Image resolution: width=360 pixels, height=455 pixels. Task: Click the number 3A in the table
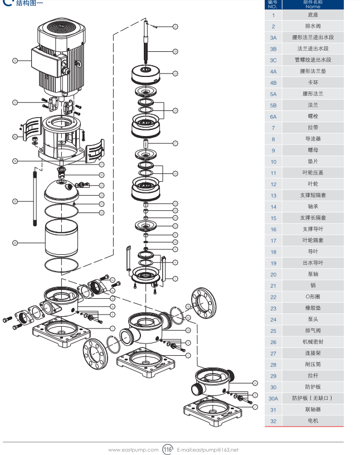[x=273, y=37]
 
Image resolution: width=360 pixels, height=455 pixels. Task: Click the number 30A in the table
[x=273, y=398]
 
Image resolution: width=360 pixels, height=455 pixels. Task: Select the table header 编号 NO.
[x=273, y=4]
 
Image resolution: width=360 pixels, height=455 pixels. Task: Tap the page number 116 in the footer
[x=168, y=449]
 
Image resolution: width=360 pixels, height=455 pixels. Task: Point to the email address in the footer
[x=207, y=449]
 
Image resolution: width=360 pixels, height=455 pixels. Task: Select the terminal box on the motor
[x=47, y=61]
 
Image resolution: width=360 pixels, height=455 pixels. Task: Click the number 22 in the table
[x=273, y=297]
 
